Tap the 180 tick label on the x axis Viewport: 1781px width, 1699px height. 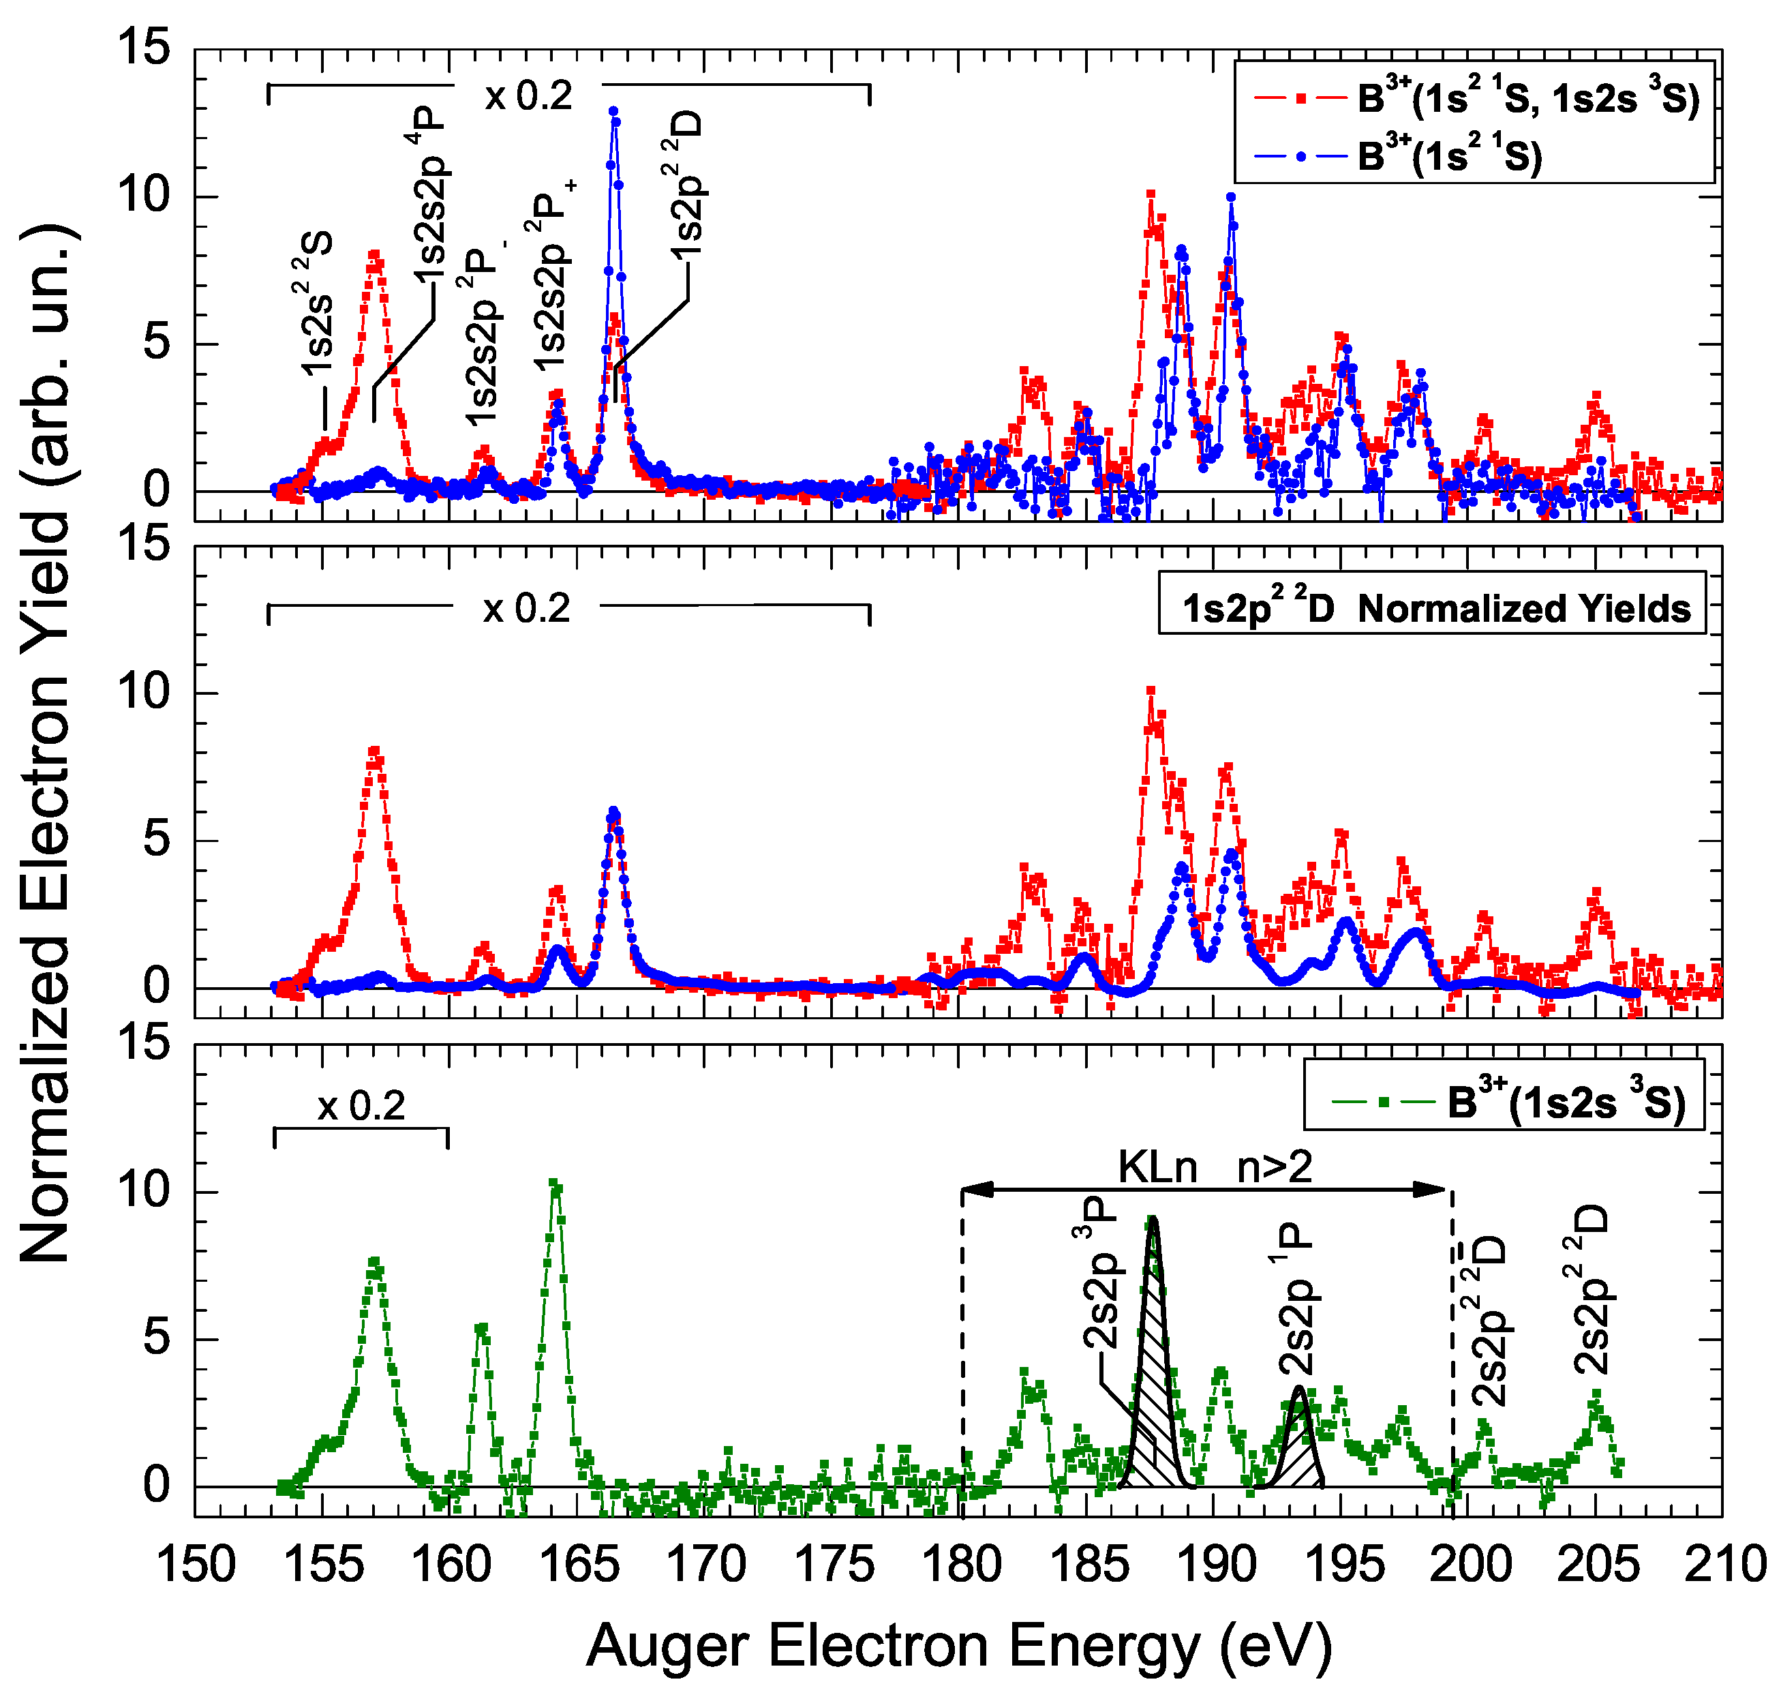point(962,1565)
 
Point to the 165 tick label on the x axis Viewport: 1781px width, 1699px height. point(579,1565)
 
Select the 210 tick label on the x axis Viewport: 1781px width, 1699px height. point(1724,1565)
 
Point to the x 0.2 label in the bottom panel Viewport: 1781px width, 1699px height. point(361,1106)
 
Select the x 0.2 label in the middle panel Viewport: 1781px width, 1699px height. point(526,609)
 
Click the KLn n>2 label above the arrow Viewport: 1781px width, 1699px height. point(1214,1167)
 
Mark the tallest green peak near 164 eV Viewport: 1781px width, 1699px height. point(555,1186)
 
